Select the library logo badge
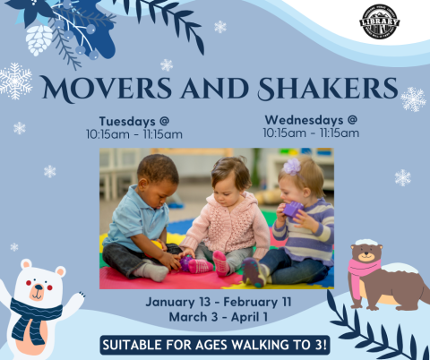point(379,21)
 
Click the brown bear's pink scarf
point(364,273)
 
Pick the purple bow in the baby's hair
point(291,167)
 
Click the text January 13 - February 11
point(216,302)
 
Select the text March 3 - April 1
point(215,317)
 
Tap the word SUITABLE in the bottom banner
point(137,345)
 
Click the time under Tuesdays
point(134,135)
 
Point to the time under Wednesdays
point(311,133)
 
